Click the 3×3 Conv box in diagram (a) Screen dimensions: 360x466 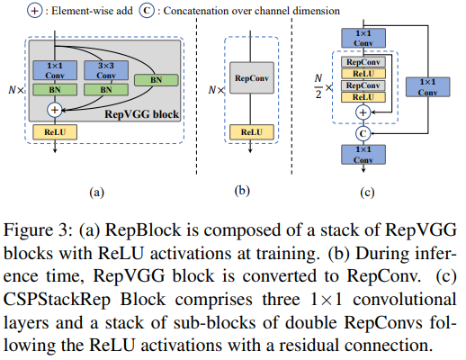pyautogui.click(x=101, y=70)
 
